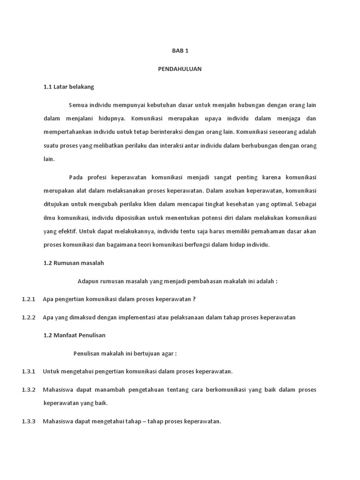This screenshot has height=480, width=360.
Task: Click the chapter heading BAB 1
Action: click(180, 51)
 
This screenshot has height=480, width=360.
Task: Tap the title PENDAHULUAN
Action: click(180, 69)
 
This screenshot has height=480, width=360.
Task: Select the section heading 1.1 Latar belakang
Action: click(69, 87)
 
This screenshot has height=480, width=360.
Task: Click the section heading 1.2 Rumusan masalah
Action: click(74, 263)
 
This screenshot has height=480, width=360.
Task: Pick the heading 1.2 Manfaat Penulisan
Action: click(75, 335)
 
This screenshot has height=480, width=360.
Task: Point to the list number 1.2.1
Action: click(29, 299)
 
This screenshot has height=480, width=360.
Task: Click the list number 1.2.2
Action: click(29, 317)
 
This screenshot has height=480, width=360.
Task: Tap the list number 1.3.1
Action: click(29, 371)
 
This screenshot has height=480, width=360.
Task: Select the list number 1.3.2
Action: click(29, 390)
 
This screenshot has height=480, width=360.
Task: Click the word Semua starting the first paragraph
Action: click(78, 105)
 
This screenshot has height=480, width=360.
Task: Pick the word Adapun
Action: click(88, 281)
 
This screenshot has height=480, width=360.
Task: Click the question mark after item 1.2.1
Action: click(194, 299)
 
